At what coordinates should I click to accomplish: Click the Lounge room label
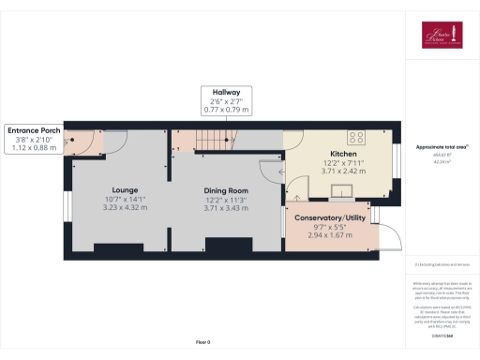[x=126, y=187]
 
